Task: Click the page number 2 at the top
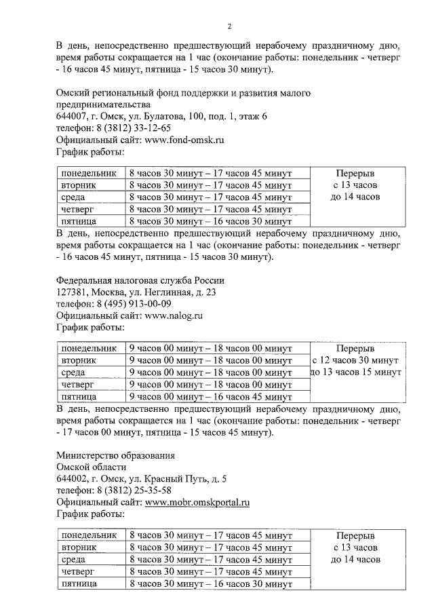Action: coord(229,26)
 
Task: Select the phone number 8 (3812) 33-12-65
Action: coord(133,128)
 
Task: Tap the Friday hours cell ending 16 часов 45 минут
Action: coord(210,397)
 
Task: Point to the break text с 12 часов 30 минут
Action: coord(355,360)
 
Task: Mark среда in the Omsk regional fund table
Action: coord(73,197)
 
